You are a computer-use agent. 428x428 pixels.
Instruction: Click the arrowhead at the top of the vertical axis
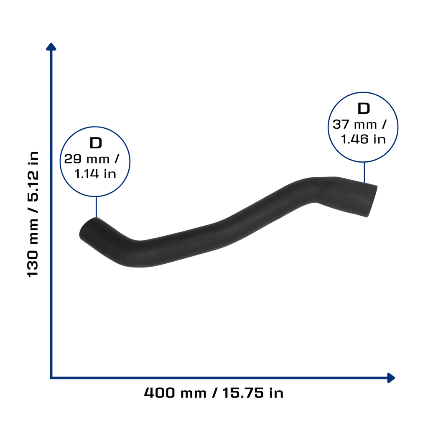click(51, 46)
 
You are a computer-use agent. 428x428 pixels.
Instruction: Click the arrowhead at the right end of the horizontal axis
click(391, 378)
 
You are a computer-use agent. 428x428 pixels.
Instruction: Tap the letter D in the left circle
click(96, 143)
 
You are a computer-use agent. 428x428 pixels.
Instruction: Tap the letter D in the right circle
click(364, 108)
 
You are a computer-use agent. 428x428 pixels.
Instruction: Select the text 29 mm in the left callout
click(87, 159)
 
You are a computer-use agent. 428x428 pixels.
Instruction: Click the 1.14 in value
click(95, 174)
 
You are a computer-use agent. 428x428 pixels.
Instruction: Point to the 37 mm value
click(354, 125)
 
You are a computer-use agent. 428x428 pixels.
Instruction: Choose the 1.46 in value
click(363, 140)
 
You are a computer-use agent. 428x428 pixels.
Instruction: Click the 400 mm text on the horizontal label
click(175, 393)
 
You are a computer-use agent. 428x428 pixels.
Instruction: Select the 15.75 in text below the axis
click(253, 393)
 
